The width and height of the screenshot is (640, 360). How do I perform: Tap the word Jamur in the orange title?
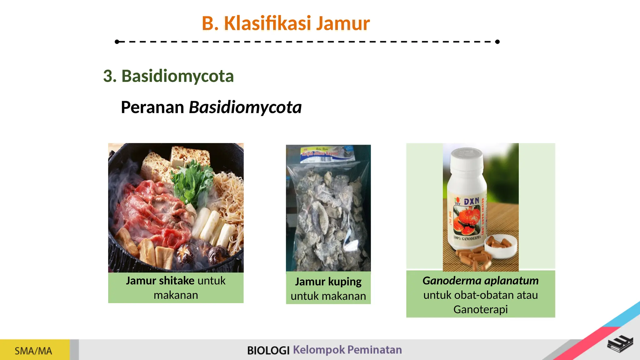point(343,23)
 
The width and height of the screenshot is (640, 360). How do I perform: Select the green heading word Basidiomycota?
point(177,76)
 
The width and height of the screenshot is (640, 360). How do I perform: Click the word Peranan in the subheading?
point(152,107)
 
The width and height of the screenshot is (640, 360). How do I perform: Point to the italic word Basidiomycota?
point(245,107)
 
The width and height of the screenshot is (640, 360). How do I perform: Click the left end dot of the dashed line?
point(117,42)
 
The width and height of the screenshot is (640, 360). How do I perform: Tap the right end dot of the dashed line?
point(497,42)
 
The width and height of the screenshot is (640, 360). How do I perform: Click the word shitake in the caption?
point(177,281)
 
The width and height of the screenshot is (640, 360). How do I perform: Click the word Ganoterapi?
point(480,309)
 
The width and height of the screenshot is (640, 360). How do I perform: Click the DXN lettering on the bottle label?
point(471,202)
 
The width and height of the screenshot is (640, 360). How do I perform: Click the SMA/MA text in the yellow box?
point(33,351)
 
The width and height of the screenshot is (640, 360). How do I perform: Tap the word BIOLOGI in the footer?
point(268,350)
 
